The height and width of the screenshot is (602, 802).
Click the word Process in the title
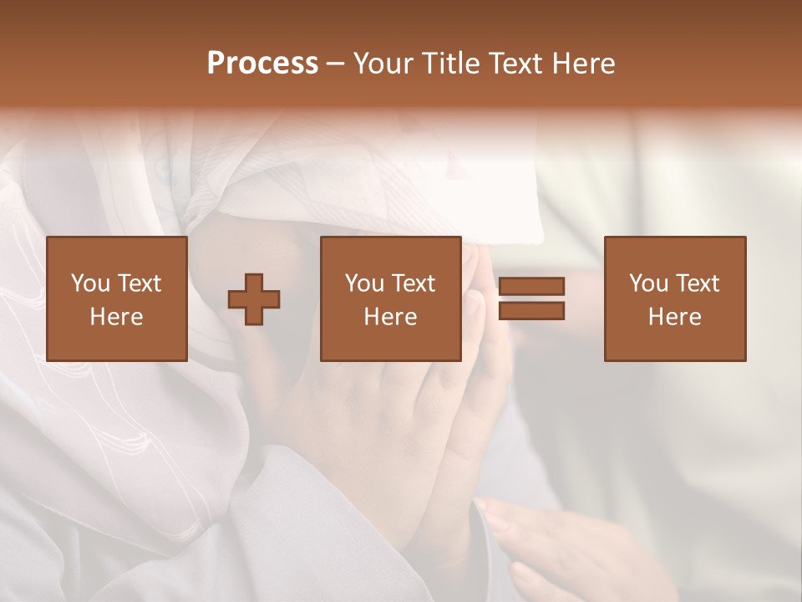coord(262,64)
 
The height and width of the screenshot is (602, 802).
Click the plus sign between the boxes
coord(254,299)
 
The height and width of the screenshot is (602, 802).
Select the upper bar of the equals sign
coord(531,286)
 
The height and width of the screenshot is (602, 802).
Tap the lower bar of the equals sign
coord(531,311)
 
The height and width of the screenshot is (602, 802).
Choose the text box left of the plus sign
coord(117,298)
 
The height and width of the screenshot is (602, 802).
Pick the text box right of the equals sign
coord(675,298)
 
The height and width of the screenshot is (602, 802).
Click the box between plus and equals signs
coord(391,298)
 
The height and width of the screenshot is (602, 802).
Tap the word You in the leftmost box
coord(90,283)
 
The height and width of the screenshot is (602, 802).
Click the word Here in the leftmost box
coord(117,317)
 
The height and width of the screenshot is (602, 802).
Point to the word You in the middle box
coord(364,283)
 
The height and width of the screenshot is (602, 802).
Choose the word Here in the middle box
coord(391,317)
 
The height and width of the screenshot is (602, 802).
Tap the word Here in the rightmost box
coord(675,317)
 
